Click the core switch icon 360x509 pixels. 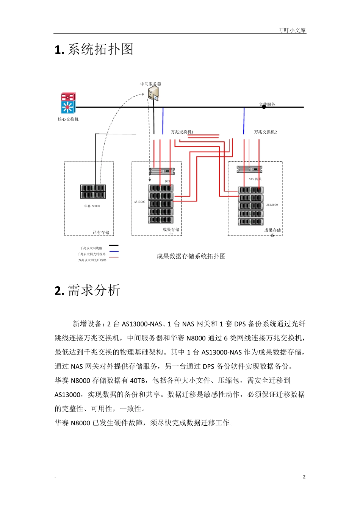pyautogui.click(x=68, y=103)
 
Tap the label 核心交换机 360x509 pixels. pyautogui.click(x=68, y=119)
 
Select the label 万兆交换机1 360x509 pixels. pyautogui.click(x=182, y=132)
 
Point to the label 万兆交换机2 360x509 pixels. pyautogui.click(x=265, y=132)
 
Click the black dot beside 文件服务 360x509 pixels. pyautogui.click(x=264, y=107)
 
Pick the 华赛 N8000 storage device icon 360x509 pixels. pyautogui.click(x=93, y=192)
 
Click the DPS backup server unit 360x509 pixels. pyautogui.click(x=162, y=171)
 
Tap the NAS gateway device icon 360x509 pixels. pyautogui.click(x=249, y=169)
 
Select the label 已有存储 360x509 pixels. pyautogui.click(x=101, y=233)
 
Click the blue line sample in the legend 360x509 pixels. pyautogui.click(x=114, y=251)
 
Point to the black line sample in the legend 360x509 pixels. pyautogui.click(x=114, y=245)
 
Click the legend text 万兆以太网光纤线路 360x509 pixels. pyautogui.click(x=92, y=260)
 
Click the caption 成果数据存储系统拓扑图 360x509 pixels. pyautogui.click(x=191, y=256)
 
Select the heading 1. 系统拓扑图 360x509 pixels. pyautogui.click(x=94, y=50)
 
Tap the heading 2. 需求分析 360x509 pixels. pyautogui.click(x=88, y=290)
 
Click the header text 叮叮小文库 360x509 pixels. pyautogui.click(x=292, y=30)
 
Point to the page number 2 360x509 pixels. pyautogui.click(x=304, y=477)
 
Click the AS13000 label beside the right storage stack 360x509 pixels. pyautogui.click(x=272, y=205)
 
